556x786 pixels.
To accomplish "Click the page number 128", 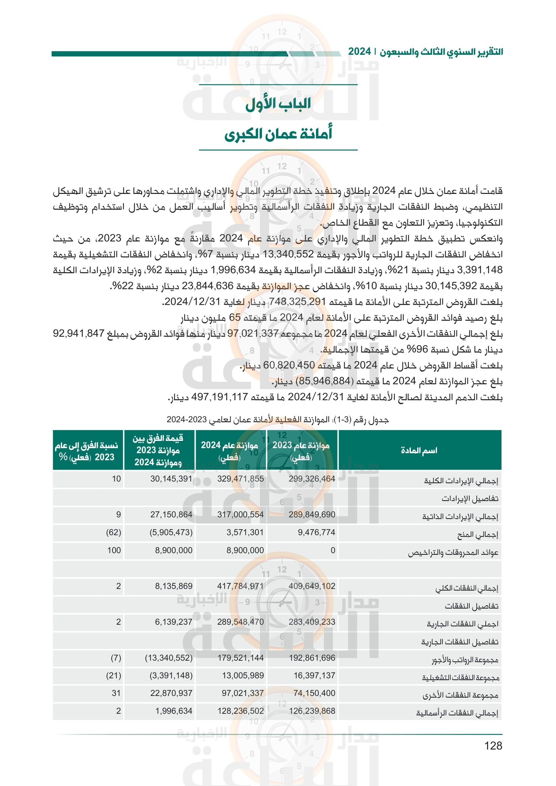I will coord(493,745).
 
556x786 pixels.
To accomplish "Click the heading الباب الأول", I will coord(278,104).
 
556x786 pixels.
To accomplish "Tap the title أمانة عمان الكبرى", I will coord(278,134).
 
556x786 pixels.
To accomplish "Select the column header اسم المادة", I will coord(419,451).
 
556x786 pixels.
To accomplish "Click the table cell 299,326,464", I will coord(312,479).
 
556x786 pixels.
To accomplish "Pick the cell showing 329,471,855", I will coord(240,479).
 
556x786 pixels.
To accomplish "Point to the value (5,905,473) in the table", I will coord(171,532).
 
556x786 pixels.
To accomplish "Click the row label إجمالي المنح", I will coord(478,534).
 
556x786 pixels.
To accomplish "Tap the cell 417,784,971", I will coord(240,586).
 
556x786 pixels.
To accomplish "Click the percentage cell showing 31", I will coord(116,693).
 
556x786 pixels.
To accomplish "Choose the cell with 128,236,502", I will coord(240,711).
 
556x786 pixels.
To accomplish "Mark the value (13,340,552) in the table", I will coord(168,658).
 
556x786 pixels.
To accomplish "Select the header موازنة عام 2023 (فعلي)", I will coord(301,451).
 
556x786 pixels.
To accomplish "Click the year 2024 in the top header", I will coord(359,52).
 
